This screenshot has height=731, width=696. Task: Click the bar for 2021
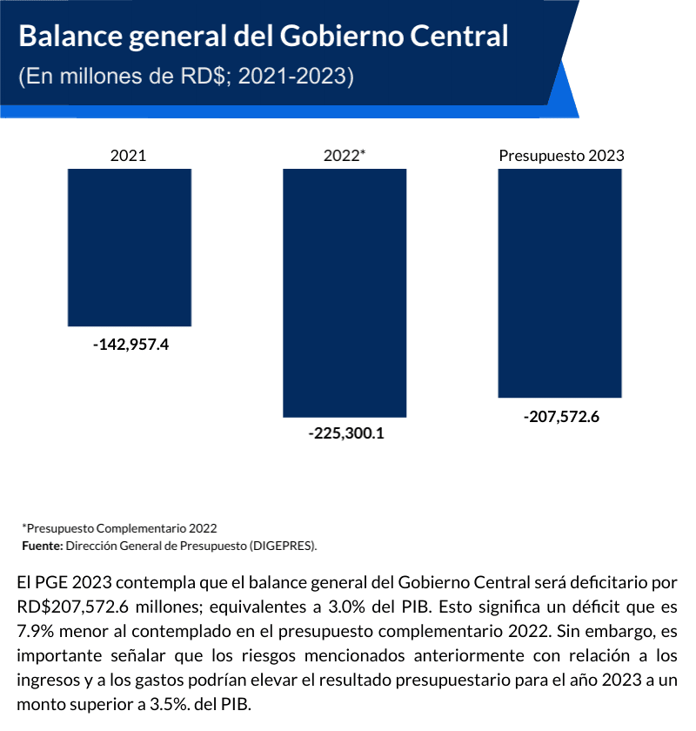(x=130, y=248)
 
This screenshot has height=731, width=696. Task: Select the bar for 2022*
(x=345, y=292)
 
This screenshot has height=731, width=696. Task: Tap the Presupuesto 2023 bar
(x=559, y=283)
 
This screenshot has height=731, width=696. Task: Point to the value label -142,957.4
(x=130, y=345)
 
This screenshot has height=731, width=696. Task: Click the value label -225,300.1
(x=345, y=433)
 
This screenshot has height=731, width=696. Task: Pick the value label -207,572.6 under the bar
(x=561, y=416)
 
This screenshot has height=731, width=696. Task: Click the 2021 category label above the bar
(x=129, y=156)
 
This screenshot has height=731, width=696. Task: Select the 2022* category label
(x=345, y=156)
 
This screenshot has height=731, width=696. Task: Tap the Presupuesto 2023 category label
(x=561, y=156)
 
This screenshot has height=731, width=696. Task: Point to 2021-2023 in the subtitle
(x=296, y=77)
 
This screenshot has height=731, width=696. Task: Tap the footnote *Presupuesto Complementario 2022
(x=119, y=528)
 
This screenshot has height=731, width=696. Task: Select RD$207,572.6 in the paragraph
(x=70, y=606)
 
